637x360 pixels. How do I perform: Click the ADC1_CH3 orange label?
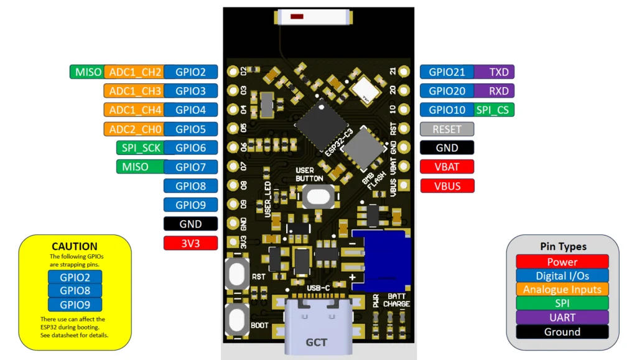(x=134, y=91)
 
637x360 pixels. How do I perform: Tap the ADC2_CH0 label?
(x=134, y=129)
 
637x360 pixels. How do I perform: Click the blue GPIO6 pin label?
(x=190, y=148)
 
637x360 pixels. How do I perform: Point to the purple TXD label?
(x=498, y=72)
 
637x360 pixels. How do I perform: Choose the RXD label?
(x=498, y=91)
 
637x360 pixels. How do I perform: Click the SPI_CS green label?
(x=493, y=110)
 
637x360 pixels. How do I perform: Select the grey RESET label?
(x=447, y=129)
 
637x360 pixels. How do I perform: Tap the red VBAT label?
(x=447, y=167)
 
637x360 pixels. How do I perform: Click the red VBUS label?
(x=447, y=185)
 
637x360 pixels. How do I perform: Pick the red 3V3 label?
(x=190, y=242)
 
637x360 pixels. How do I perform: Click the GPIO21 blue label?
(x=447, y=72)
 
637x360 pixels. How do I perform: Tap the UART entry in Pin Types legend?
(x=562, y=318)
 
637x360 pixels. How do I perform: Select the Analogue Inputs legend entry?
(x=562, y=289)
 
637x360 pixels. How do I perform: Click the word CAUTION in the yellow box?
(x=75, y=246)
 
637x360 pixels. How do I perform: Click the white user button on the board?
(x=318, y=196)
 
